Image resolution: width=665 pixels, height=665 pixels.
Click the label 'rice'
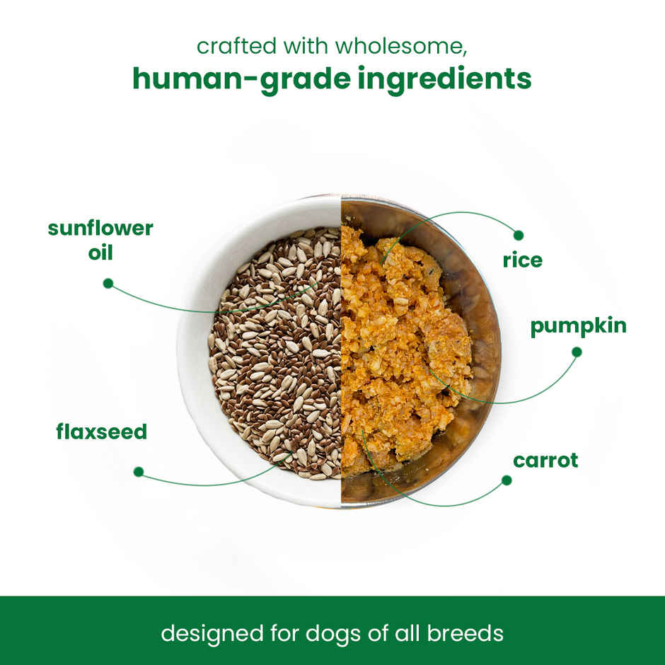(522, 260)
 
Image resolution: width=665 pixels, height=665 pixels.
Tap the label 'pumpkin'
(578, 326)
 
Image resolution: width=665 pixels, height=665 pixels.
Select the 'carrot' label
(545, 461)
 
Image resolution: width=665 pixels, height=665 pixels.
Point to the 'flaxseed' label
(101, 432)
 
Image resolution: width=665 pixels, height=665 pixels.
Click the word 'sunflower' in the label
(100, 229)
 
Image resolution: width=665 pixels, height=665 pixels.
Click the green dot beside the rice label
(519, 235)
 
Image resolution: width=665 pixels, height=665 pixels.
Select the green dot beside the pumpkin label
(577, 352)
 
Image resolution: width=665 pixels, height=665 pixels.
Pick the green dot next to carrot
(507, 480)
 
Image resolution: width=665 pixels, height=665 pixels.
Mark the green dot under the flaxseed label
(139, 471)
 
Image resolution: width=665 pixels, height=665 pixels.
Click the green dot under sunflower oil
(108, 283)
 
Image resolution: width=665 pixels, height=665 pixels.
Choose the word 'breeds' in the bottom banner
(464, 632)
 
